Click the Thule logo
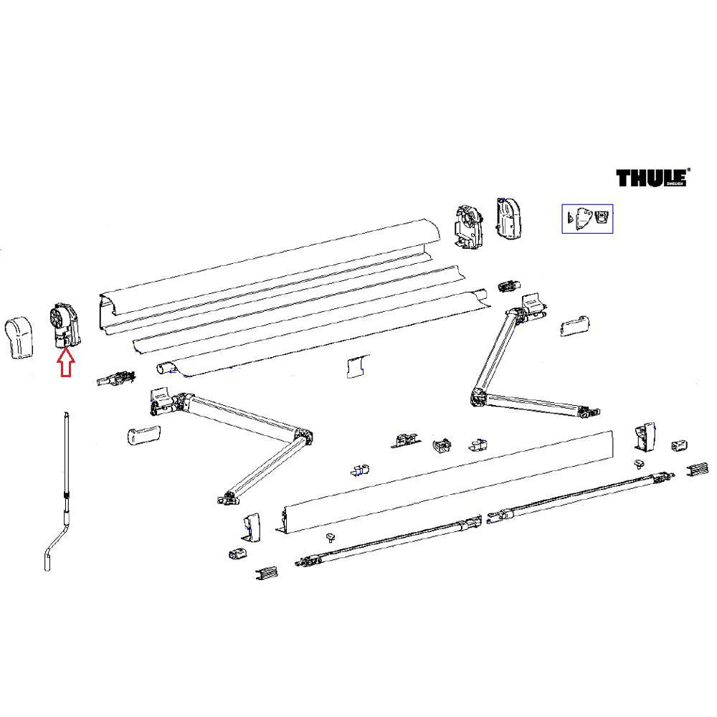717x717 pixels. point(651,177)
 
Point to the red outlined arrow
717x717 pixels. point(66,363)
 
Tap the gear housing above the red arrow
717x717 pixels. point(64,326)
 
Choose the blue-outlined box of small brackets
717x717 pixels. point(587,218)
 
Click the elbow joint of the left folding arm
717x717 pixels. point(305,436)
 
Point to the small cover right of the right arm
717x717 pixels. point(575,327)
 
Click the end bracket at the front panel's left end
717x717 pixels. point(252,526)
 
